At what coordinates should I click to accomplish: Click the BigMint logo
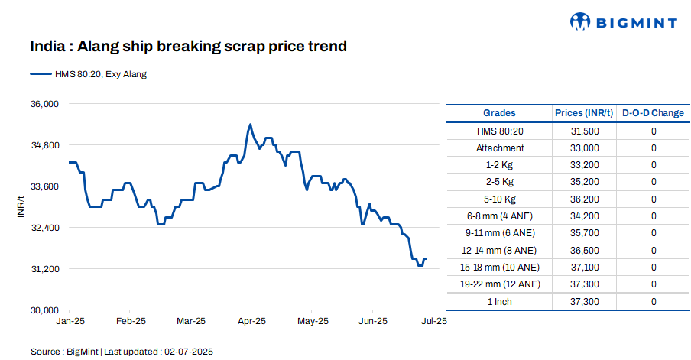click(623, 22)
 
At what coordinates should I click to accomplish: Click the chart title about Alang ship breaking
click(188, 47)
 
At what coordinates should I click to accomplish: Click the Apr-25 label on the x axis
click(251, 321)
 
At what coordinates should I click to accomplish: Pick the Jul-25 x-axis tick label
click(433, 321)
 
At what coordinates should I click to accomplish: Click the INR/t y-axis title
click(21, 206)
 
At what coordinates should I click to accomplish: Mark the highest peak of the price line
click(250, 124)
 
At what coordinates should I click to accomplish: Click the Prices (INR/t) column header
click(584, 113)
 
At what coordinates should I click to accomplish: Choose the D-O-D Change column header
click(653, 113)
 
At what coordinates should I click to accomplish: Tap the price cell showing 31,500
click(584, 131)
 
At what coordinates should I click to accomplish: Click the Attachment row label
click(499, 148)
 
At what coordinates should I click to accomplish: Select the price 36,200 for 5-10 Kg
click(584, 199)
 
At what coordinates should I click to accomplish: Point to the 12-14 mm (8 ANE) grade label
click(499, 250)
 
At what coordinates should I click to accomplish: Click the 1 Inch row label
click(499, 302)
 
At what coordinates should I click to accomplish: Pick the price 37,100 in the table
click(584, 268)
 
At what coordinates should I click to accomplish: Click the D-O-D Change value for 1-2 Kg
click(654, 165)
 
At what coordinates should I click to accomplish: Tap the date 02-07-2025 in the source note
click(189, 352)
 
